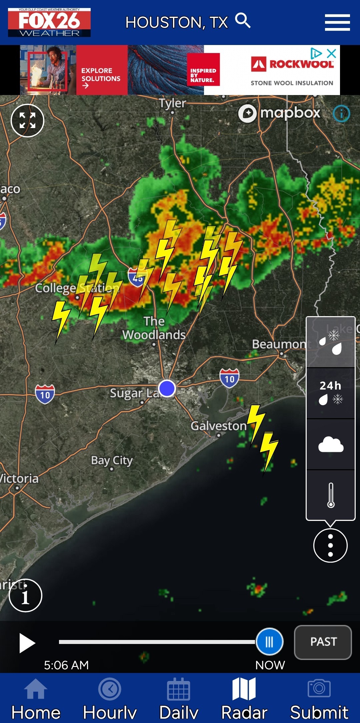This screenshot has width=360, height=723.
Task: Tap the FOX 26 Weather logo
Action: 49,22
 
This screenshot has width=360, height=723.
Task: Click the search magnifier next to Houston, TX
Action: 243,21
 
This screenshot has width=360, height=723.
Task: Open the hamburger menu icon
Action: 337,22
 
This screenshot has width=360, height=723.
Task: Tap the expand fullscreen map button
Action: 27,120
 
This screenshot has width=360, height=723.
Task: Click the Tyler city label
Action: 172,103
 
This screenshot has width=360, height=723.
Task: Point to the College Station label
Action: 77,288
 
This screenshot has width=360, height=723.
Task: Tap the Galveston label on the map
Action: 219,426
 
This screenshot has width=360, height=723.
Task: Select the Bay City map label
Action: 112,461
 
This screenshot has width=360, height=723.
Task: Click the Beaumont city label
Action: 280,344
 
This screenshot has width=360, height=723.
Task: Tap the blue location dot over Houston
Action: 167,388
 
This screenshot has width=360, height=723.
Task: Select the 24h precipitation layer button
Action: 330,393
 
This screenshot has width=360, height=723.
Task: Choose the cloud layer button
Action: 330,445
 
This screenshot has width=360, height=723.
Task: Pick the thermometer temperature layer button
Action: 330,495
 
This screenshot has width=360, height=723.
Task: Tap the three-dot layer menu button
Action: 330,545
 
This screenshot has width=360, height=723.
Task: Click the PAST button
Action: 323,642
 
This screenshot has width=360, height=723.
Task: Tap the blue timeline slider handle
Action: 269,642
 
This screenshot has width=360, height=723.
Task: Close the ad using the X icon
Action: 331,53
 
